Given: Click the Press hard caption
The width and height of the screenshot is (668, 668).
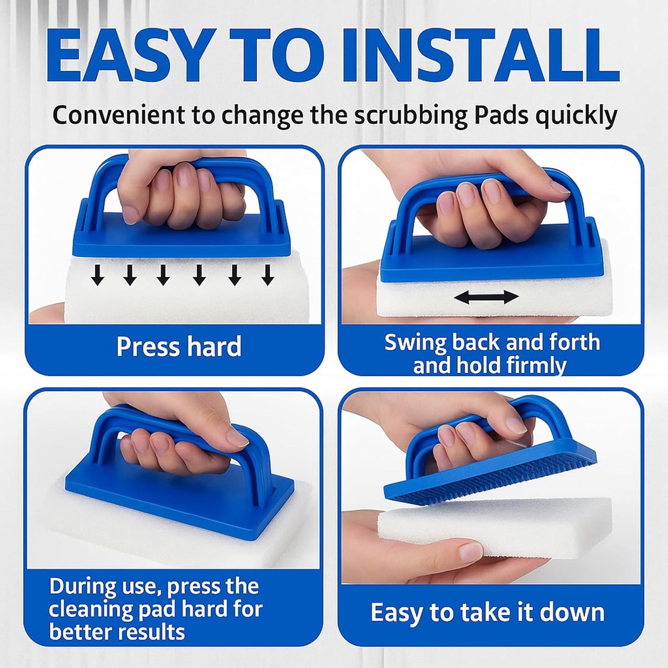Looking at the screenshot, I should [x=179, y=347].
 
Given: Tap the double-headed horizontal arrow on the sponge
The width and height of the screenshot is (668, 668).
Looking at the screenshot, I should [x=486, y=297].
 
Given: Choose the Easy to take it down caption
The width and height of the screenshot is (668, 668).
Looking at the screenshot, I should [x=488, y=613].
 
